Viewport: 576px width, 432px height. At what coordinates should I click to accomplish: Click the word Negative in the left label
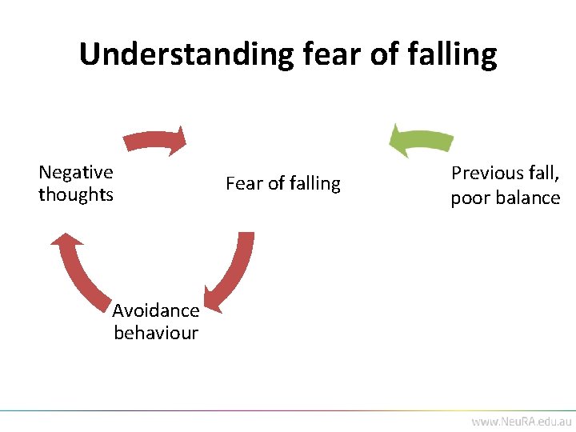[x=76, y=172]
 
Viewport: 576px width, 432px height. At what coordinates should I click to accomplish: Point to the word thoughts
[x=76, y=194]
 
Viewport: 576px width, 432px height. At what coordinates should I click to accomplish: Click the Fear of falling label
[x=283, y=183]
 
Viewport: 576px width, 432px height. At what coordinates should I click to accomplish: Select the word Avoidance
[x=156, y=310]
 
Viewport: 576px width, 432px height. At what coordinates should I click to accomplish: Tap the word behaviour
[x=156, y=333]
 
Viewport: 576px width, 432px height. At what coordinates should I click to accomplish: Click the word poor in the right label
[x=466, y=198]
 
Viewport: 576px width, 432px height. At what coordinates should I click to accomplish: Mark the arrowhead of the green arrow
[x=398, y=140]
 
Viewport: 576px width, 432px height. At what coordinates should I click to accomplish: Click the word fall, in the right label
[x=542, y=173]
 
